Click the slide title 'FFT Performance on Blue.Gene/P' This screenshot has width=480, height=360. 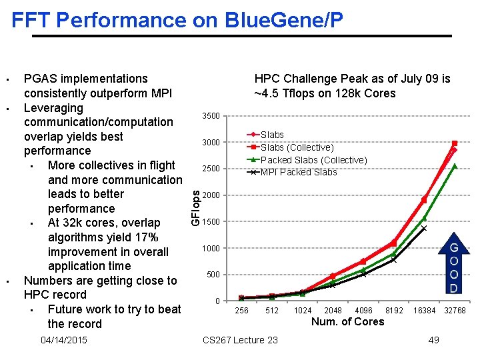click(x=177, y=20)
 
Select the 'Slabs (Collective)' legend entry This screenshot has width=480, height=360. click(x=297, y=147)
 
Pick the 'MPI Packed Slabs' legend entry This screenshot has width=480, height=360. click(x=298, y=173)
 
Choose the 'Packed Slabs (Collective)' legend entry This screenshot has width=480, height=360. click(x=313, y=160)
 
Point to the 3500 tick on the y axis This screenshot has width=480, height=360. click(x=211, y=117)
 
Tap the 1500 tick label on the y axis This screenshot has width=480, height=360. click(x=211, y=222)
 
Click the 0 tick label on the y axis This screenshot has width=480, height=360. click(x=217, y=301)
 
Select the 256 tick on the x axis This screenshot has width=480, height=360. click(x=242, y=311)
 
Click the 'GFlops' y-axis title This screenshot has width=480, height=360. click(x=195, y=207)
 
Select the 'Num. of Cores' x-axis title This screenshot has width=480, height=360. click(x=347, y=322)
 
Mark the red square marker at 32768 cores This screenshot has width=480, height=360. click(x=455, y=143)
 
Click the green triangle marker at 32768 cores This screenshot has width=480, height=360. click(x=455, y=166)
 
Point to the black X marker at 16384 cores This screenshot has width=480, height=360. click(x=424, y=228)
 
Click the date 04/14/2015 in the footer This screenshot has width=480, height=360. click(x=63, y=341)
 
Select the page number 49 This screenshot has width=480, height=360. click(x=433, y=341)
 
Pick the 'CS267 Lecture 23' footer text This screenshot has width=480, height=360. click(x=240, y=341)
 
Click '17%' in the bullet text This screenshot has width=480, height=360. click(x=146, y=237)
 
